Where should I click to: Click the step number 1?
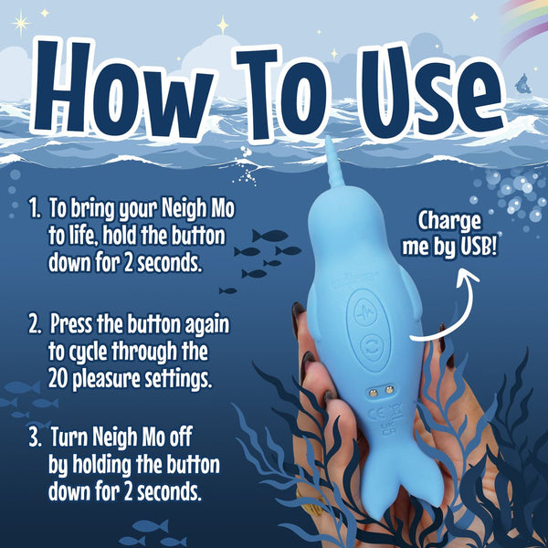point(34,209)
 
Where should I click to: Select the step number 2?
point(36,324)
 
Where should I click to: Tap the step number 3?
point(35,439)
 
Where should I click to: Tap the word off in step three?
point(193,439)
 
